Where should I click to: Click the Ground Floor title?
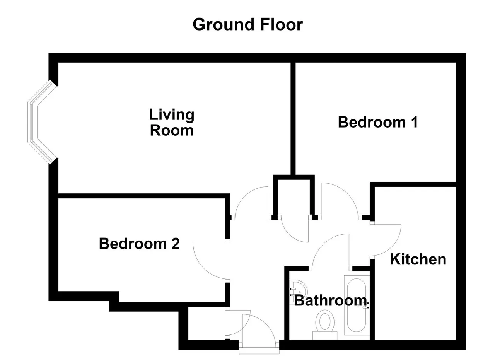[247, 24]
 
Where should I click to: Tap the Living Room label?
[172, 123]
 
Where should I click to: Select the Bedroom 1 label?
[378, 122]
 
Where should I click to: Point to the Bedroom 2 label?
[139, 244]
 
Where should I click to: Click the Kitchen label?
[418, 259]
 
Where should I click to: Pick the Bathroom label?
[330, 300]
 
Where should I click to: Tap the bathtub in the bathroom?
[357, 305]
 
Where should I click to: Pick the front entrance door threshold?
[259, 351]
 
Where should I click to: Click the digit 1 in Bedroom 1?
[415, 122]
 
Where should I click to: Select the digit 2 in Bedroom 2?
[175, 244]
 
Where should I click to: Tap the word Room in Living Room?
[172, 130]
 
